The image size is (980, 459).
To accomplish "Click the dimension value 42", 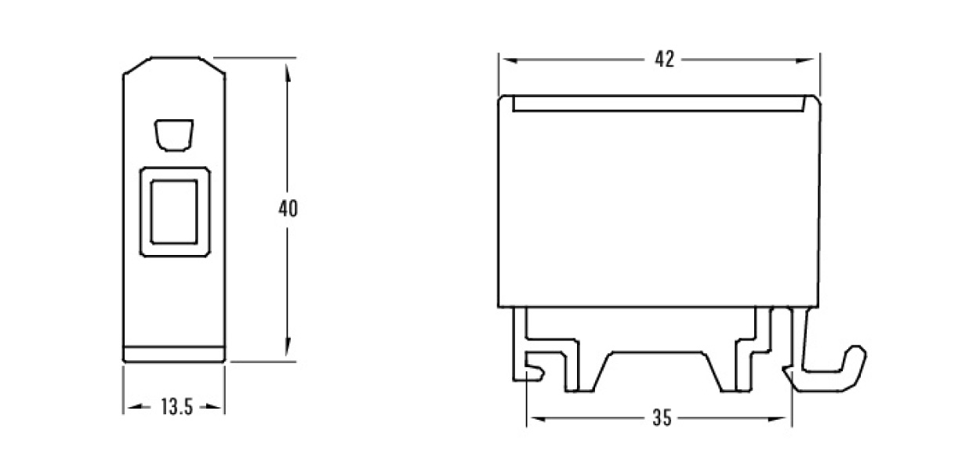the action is [664, 60].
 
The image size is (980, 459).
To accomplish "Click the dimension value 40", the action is [288, 209].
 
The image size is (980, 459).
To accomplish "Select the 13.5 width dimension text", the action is [176, 407].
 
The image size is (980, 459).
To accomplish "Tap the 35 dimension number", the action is [662, 418].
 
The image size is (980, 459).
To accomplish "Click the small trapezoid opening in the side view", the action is [174, 135].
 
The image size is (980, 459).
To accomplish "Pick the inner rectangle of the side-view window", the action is [174, 212].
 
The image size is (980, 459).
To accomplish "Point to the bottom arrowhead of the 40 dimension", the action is [288, 347].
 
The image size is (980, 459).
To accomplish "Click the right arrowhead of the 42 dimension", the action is [805, 60].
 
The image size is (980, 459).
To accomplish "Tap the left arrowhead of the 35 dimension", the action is [535, 419].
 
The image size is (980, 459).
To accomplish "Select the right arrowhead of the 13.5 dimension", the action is [213, 407].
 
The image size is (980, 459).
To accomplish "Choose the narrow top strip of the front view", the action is [659, 104].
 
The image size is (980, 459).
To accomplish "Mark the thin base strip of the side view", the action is [174, 355].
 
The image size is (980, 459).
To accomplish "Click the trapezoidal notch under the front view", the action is [657, 371].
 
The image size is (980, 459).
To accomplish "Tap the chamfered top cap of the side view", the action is [174, 66].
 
